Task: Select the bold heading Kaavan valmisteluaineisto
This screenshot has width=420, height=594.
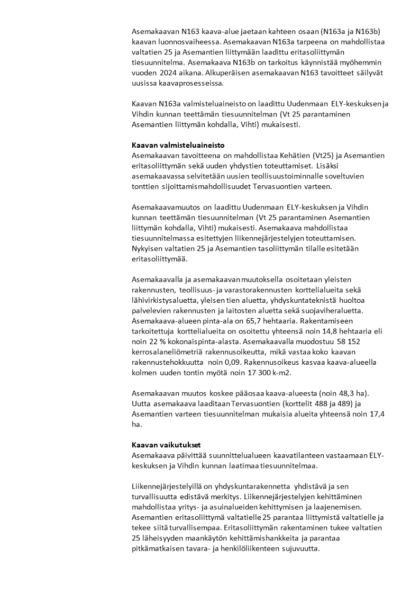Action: point(173,145)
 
